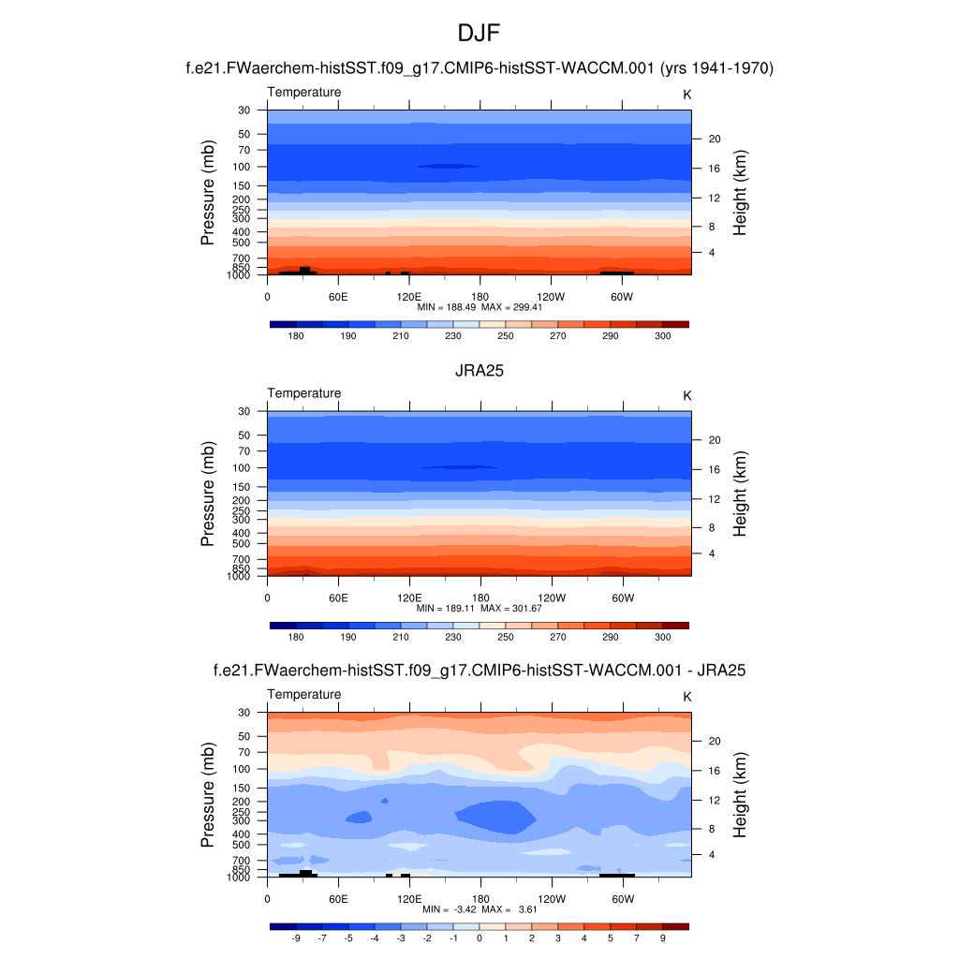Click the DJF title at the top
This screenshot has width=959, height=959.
click(x=479, y=34)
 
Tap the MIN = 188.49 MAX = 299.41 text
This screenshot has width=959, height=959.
click(x=479, y=306)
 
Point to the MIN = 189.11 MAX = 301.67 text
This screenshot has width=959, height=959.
click(x=479, y=608)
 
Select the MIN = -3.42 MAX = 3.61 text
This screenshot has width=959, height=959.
click(x=479, y=909)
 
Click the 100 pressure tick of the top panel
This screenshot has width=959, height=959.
click(x=243, y=167)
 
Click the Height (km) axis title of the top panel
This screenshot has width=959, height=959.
click(x=740, y=193)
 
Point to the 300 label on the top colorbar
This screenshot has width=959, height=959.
click(x=662, y=335)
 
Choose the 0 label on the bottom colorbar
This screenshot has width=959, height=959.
click(x=479, y=937)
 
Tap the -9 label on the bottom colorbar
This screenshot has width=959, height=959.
click(x=296, y=937)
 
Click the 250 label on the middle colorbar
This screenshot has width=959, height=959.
click(x=506, y=637)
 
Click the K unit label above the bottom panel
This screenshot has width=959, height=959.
click(x=687, y=697)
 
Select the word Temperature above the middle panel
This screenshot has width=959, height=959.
click(x=304, y=393)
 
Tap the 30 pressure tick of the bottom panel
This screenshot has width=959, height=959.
click(x=244, y=713)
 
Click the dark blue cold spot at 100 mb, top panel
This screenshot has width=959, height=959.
click(x=448, y=166)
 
